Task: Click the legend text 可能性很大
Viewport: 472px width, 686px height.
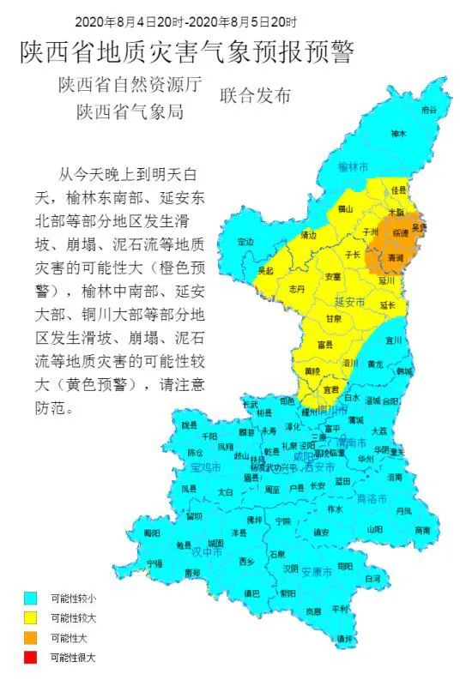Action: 73,658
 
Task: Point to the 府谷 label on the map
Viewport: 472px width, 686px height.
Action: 428,111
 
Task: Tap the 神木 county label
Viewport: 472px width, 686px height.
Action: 398,134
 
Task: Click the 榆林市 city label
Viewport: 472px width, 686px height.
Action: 354,165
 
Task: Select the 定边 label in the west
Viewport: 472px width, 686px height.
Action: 246,242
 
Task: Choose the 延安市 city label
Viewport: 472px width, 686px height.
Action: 350,303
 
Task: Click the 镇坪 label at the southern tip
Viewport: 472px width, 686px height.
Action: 345,638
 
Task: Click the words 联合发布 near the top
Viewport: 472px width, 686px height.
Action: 256,94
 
